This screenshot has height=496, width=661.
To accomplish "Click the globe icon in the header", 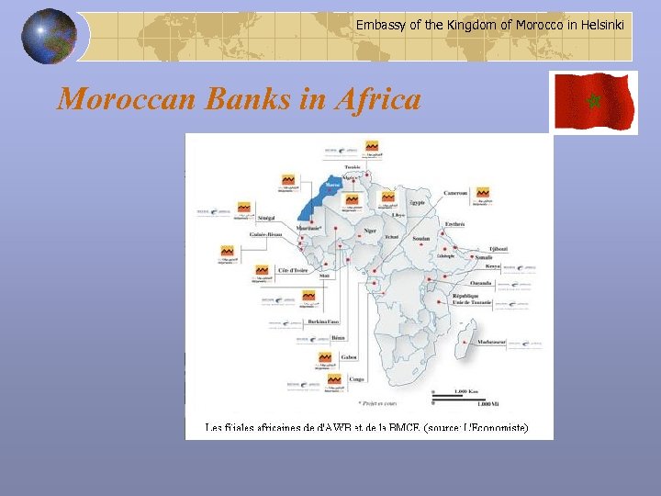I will coord(50,37).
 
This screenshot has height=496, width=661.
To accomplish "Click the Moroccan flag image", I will coord(593,102).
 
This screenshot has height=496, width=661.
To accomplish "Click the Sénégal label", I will coord(267,218).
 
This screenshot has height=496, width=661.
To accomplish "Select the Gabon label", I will coord(349,356).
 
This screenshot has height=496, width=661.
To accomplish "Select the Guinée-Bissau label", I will coord(266,235).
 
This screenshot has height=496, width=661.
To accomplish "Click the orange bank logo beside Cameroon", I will coord(482,194).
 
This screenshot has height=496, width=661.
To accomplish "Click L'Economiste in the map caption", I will coord(495,428).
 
